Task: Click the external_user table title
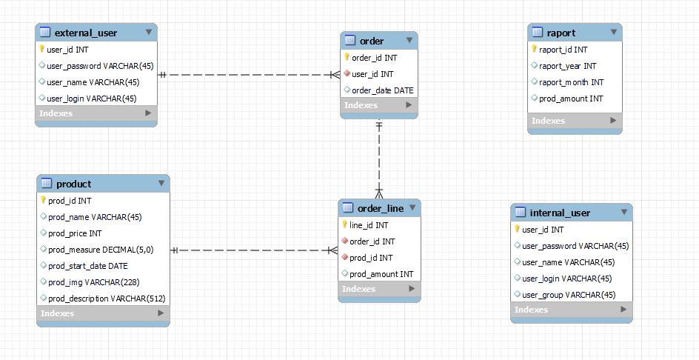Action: (x=85, y=33)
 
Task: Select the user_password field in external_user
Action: (x=99, y=66)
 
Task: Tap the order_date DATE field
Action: (x=382, y=90)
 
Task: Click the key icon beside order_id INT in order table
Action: (x=347, y=57)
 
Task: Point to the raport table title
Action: (x=561, y=33)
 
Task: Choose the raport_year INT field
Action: (x=567, y=66)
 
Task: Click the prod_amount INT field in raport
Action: (x=571, y=99)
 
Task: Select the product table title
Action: (x=73, y=184)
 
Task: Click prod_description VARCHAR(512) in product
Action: (x=106, y=299)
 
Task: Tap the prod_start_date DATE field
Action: (x=87, y=266)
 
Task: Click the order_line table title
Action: (x=381, y=208)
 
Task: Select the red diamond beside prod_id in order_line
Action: (x=345, y=258)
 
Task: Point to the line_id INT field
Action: (x=368, y=225)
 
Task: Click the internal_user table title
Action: (x=560, y=213)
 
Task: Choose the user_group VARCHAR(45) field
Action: (x=568, y=295)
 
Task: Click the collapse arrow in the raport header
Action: (x=613, y=33)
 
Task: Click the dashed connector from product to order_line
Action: (x=252, y=250)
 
